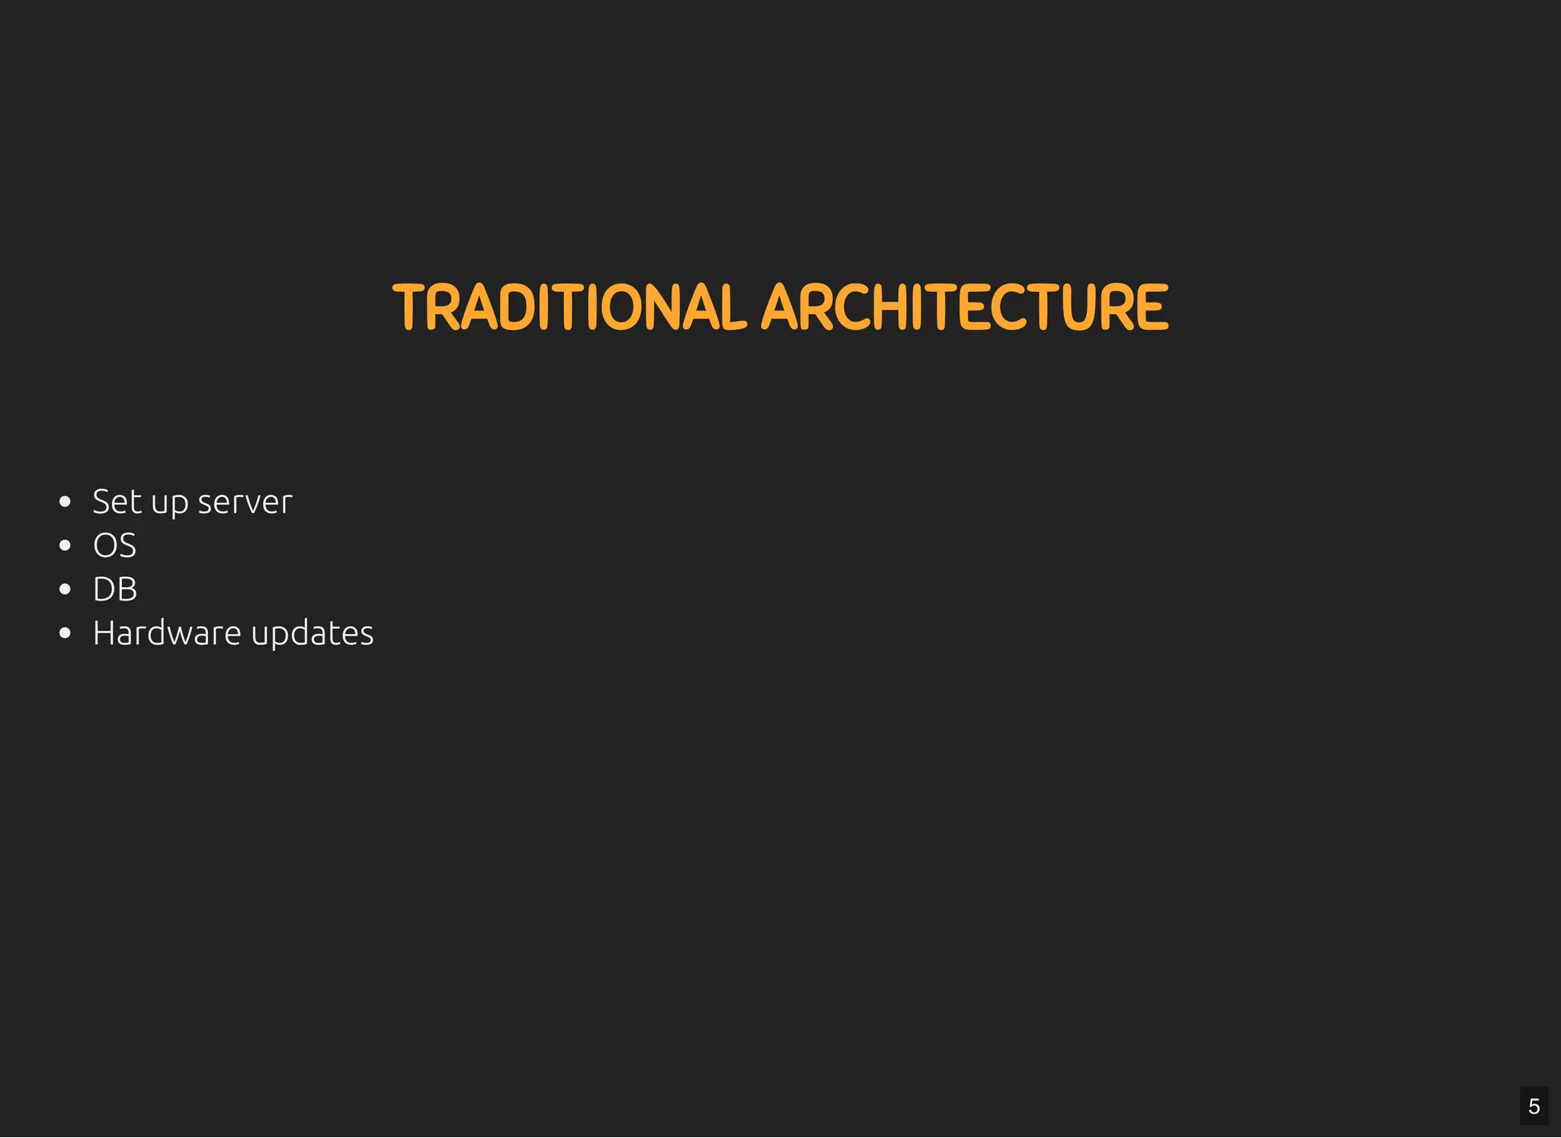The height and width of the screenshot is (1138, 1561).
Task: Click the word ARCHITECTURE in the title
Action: (964, 307)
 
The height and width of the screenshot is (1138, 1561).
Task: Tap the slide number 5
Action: (1534, 1106)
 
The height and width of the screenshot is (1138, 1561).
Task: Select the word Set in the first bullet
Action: (117, 502)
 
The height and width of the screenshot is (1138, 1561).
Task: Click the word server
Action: (245, 502)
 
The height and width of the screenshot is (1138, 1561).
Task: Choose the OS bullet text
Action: (114, 546)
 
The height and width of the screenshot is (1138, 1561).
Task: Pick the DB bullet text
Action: (115, 589)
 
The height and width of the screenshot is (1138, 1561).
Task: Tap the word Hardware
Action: (167, 633)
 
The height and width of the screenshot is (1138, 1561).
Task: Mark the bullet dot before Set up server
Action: (65, 502)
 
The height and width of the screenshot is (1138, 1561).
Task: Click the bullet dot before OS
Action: (65, 546)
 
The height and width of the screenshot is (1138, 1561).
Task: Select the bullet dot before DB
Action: (65, 589)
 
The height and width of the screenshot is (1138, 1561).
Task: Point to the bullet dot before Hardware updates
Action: (65, 633)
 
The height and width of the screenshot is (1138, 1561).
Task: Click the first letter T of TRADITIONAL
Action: (409, 307)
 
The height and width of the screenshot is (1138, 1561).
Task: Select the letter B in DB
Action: (127, 589)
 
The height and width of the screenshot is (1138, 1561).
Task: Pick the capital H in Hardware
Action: (104, 633)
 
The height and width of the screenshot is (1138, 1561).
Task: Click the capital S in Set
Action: (101, 502)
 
